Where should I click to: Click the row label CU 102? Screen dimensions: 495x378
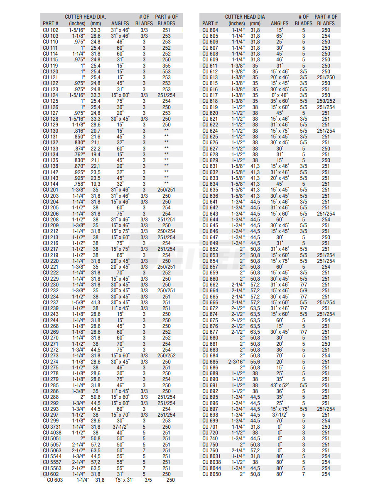click(51, 30)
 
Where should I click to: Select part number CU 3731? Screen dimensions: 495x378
click(52, 427)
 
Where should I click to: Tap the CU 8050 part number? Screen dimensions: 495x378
click(212, 474)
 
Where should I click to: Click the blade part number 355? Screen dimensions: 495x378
click(166, 66)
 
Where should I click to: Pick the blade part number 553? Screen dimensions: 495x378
click(166, 72)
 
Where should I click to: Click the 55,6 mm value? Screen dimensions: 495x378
click(255, 362)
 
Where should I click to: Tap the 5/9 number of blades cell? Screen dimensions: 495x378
click(304, 291)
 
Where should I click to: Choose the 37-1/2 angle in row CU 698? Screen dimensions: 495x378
click(280, 415)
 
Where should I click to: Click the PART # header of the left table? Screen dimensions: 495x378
click(51, 24)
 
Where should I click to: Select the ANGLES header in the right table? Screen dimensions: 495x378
click(280, 24)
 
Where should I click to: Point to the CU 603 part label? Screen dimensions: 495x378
click(55, 480)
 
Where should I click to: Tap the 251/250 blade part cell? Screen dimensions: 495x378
click(326, 78)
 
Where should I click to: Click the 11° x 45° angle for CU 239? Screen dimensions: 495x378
click(120, 308)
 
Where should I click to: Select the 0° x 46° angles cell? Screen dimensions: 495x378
click(280, 95)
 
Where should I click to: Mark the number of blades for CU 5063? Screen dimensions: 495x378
click(144, 450)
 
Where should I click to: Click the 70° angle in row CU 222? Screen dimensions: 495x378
click(120, 273)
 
